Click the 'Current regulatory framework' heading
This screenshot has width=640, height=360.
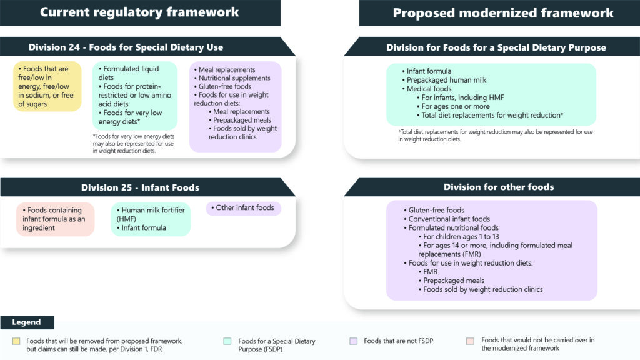tap(139, 12)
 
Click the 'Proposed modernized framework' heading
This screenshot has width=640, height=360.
tap(502, 12)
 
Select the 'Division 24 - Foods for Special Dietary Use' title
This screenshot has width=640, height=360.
tap(126, 47)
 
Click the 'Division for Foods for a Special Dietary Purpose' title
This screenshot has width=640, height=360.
tap(496, 47)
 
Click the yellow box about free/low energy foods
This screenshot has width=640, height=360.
tap(47, 86)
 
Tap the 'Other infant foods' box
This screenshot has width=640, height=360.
tap(244, 208)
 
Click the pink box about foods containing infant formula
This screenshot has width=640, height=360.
tap(55, 219)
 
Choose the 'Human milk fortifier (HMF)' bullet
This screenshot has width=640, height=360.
tap(150, 214)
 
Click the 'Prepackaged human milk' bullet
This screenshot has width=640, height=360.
tap(446, 80)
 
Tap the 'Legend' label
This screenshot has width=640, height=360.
tap(26, 322)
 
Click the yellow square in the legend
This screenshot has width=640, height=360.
tap(16, 341)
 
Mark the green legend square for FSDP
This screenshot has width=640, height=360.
tap(228, 341)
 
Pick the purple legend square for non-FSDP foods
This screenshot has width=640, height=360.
tap(353, 341)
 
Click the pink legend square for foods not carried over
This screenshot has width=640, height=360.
tap(471, 341)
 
